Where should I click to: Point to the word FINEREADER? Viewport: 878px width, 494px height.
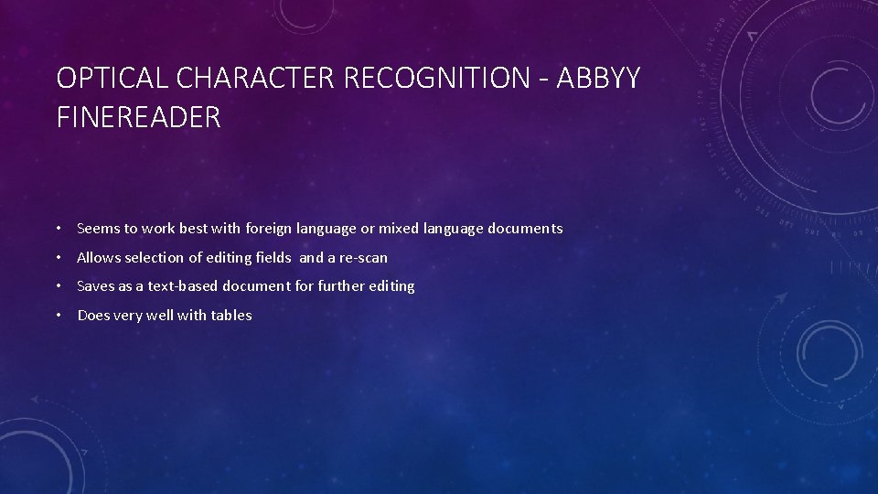tap(138, 117)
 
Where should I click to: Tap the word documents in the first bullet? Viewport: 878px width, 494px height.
tap(525, 229)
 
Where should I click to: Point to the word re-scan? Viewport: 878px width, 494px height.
tap(363, 258)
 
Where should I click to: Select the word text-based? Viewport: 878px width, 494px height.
tap(172, 286)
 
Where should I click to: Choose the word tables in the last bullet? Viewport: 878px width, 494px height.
tap(231, 316)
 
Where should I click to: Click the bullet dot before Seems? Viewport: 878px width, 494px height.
tap(58, 229)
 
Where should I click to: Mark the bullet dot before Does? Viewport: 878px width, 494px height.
tap(58, 316)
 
